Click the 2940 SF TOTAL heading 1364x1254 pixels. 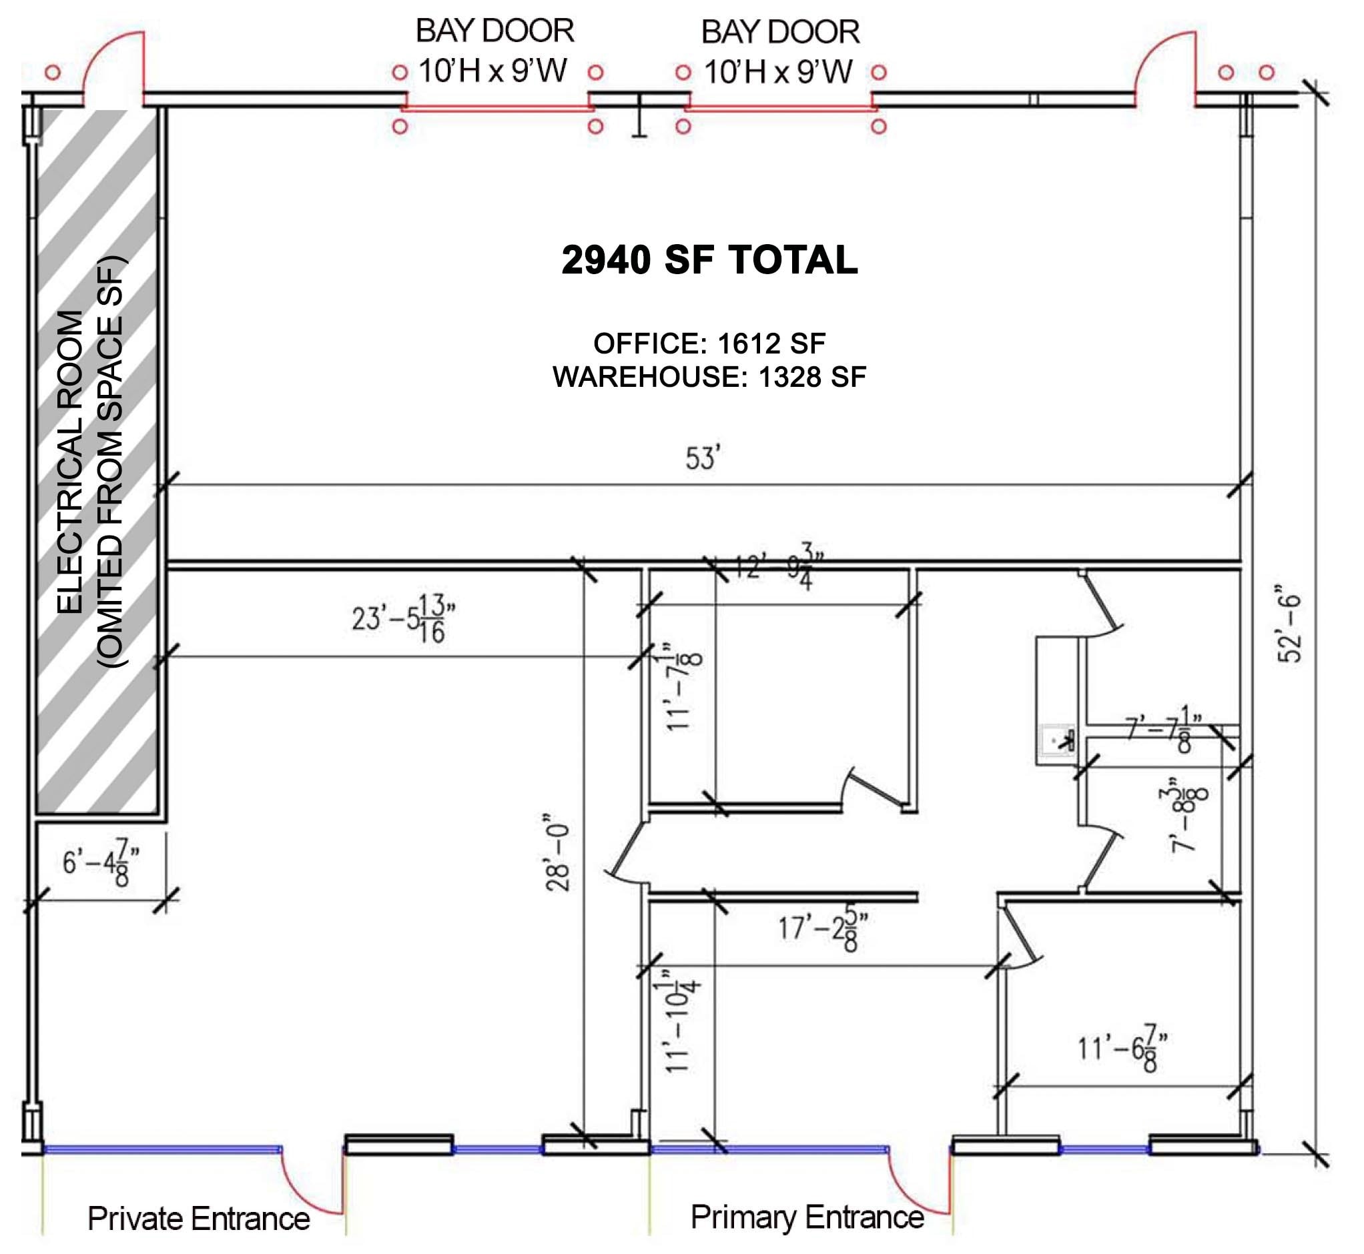709,260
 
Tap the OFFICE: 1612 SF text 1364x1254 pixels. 709,344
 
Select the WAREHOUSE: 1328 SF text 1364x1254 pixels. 709,378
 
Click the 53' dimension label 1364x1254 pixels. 703,459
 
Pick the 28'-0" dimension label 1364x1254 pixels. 558,854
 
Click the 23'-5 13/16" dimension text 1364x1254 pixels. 403,618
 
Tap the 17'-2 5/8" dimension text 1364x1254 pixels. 823,927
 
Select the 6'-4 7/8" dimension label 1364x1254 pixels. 101,862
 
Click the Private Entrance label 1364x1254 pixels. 198,1219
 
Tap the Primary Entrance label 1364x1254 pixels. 807,1217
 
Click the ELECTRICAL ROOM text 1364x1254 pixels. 70,462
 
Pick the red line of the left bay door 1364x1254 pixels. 497,107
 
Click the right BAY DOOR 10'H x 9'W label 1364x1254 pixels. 780,51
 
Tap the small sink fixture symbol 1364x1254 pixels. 1058,740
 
